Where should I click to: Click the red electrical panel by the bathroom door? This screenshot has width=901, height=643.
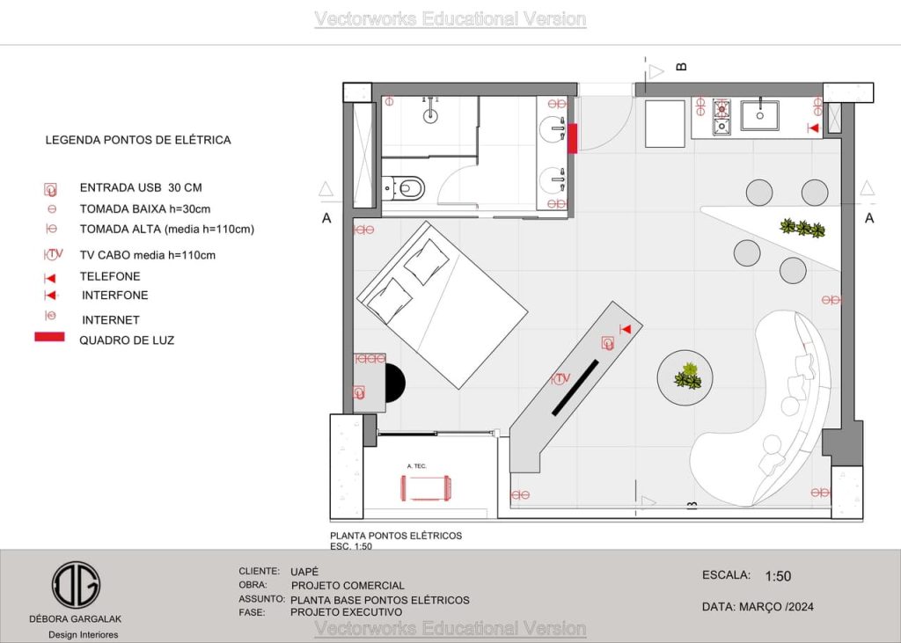click(x=572, y=138)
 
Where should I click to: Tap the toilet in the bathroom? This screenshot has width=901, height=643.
click(x=404, y=188)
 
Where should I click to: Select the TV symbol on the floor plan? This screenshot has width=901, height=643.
click(x=560, y=378)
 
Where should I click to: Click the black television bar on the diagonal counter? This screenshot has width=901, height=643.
click(x=575, y=387)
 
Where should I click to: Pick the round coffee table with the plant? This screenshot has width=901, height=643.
click(x=685, y=377)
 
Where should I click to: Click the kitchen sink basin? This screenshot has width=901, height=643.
click(x=759, y=115)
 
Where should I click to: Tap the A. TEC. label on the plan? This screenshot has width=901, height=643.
click(x=416, y=466)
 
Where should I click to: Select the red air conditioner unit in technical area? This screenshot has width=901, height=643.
click(x=426, y=488)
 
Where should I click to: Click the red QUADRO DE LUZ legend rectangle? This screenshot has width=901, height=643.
click(x=49, y=337)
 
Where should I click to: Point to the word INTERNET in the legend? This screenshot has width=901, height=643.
click(x=111, y=320)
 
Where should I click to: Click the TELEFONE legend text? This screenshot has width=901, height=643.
click(x=110, y=276)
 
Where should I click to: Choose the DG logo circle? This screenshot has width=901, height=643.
click(x=76, y=585)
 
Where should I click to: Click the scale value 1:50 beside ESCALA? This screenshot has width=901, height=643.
click(x=778, y=576)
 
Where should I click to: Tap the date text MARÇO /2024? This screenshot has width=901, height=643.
click(x=776, y=607)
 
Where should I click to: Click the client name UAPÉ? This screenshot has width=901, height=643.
click(x=304, y=572)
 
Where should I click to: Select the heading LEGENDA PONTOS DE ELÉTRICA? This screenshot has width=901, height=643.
click(x=138, y=140)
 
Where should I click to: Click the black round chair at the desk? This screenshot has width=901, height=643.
click(x=395, y=383)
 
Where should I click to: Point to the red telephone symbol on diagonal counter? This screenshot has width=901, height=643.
click(x=626, y=329)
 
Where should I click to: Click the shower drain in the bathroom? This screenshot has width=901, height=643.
click(x=430, y=115)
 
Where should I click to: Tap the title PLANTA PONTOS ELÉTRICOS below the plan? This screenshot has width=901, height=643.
click(x=396, y=536)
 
